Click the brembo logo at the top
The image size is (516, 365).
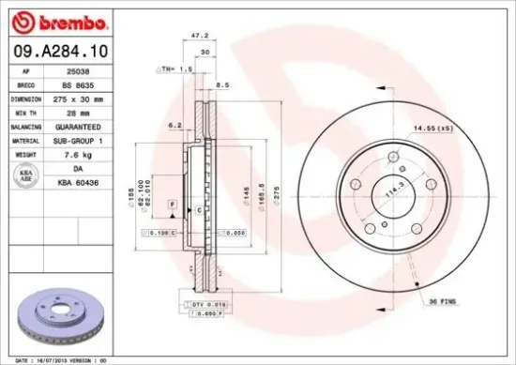[x=57, y=20]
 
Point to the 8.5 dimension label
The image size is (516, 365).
[x=222, y=85]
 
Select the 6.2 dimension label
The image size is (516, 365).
[x=175, y=125]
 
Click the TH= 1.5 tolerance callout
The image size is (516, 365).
[x=175, y=68]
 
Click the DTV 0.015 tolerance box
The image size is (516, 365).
[x=207, y=305]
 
